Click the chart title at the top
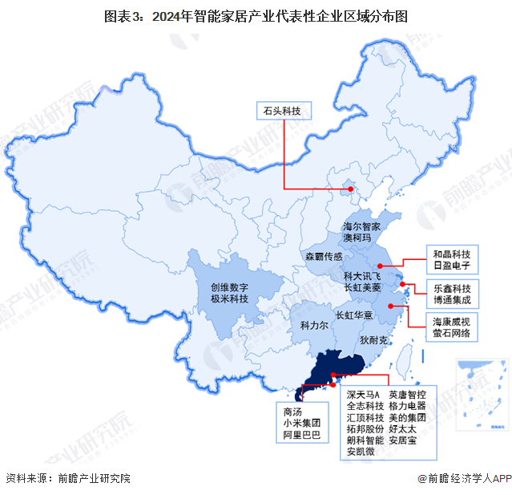coord(256,15)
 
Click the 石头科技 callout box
coord(283,111)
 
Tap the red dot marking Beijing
coord(350,189)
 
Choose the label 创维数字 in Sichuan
coord(230,286)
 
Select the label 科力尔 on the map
coord(315,327)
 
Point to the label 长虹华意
coord(353,315)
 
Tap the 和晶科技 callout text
coord(451,252)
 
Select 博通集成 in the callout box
coord(453,299)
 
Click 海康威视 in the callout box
coord(453,321)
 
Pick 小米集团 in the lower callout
coord(300,422)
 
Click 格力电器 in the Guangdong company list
coord(407,407)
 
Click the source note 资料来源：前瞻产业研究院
coord(67,479)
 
